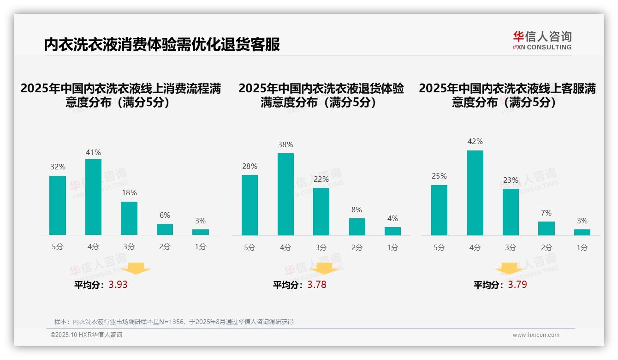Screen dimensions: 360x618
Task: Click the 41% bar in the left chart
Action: pyautogui.click(x=94, y=197)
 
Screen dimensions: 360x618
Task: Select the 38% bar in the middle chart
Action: pyautogui.click(x=285, y=194)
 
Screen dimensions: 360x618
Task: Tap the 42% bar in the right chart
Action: pyautogui.click(x=475, y=193)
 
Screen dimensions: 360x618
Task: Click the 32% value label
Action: pyautogui.click(x=58, y=167)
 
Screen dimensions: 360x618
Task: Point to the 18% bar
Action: pyautogui.click(x=129, y=218)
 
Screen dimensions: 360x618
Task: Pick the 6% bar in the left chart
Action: pyautogui.click(x=165, y=229)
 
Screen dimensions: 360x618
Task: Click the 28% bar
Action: pyautogui.click(x=250, y=205)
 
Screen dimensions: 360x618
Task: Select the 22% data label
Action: pyautogui.click(x=321, y=179)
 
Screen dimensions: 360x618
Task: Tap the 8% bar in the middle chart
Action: pyautogui.click(x=357, y=227)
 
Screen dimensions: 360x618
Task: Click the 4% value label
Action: pyautogui.click(x=392, y=218)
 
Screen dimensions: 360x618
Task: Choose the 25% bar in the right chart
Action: pyautogui.click(x=439, y=210)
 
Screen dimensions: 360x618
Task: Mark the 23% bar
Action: pyautogui.click(x=511, y=212)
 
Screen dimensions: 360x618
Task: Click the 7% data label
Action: pyautogui.click(x=547, y=213)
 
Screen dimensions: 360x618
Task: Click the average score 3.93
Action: pyautogui.click(x=118, y=285)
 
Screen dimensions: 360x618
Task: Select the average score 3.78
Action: pyautogui.click(x=317, y=285)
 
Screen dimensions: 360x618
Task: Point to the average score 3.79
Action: pyautogui.click(x=517, y=285)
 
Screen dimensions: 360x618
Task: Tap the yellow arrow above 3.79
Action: pyautogui.click(x=509, y=269)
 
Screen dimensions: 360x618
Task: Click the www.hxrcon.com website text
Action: pyautogui.click(x=536, y=335)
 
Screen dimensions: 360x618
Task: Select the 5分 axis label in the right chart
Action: pyautogui.click(x=439, y=248)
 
